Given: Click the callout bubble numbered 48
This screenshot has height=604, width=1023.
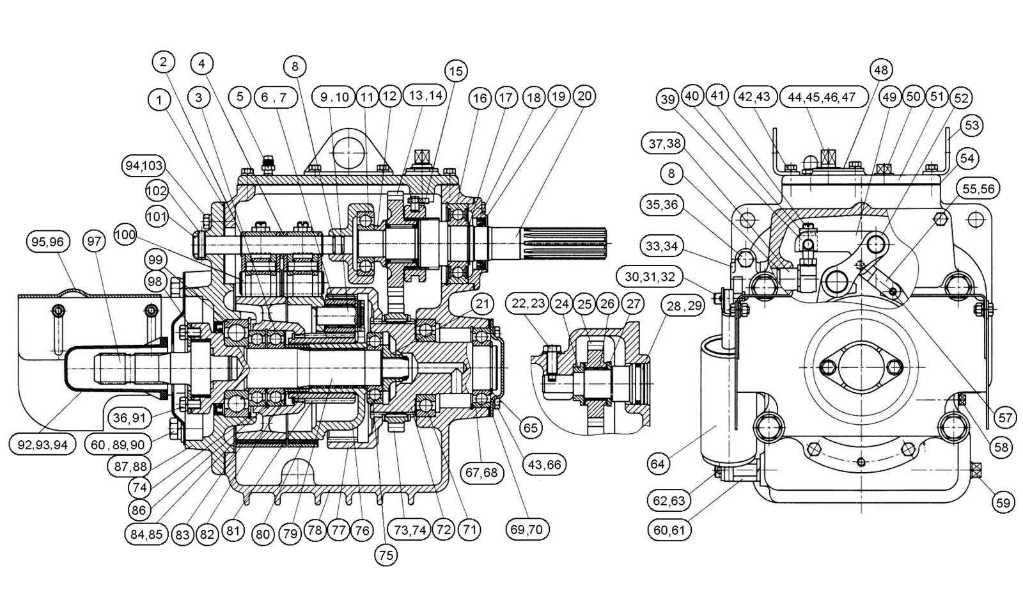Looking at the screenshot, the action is (880, 70).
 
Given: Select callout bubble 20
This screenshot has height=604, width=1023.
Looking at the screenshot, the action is (584, 97).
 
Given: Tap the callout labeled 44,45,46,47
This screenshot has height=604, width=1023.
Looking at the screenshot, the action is (824, 97).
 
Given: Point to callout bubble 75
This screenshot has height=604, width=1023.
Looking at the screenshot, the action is (386, 555).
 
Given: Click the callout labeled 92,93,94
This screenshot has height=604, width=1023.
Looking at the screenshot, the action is (42, 445).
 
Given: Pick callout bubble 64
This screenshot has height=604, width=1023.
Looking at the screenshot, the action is (658, 464).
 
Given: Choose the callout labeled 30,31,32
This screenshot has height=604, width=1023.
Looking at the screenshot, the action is (649, 277).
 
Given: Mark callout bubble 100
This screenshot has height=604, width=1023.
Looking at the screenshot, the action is (125, 235).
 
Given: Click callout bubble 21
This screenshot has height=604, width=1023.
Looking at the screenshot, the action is (482, 304).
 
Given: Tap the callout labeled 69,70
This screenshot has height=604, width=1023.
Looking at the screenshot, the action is (527, 530).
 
